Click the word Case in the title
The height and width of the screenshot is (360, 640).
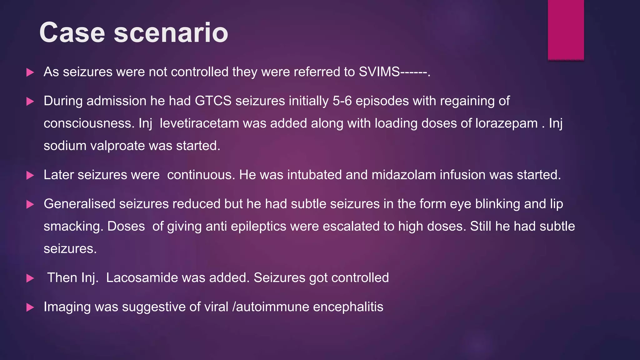(72, 32)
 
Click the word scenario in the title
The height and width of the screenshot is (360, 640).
(171, 32)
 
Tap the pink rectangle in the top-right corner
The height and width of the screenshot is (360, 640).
(566, 30)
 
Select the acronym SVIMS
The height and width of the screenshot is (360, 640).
(379, 72)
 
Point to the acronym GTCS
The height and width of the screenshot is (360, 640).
(213, 101)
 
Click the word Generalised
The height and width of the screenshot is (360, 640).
(80, 204)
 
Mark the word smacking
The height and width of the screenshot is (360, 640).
(73, 227)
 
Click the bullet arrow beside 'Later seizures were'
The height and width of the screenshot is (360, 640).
(30, 175)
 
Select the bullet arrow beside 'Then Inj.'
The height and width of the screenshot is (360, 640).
(30, 278)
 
